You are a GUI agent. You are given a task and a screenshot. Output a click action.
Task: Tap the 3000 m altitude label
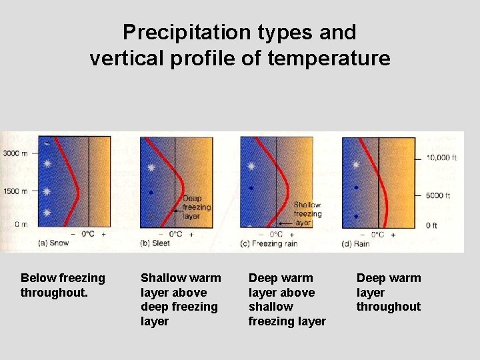tap(15, 153)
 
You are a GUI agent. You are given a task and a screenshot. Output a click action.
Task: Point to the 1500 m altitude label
tap(15, 191)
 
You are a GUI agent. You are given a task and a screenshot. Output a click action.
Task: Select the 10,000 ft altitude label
tap(441, 158)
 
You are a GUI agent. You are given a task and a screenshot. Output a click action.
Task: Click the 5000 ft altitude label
tap(438, 196)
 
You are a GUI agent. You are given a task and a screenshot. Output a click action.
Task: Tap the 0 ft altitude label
tap(432, 225)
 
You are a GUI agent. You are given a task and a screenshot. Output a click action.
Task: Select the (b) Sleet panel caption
tap(155, 243)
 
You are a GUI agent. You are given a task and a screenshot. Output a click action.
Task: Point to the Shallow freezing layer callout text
tap(307, 214)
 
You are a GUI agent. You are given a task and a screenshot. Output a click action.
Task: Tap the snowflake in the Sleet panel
tap(151, 168)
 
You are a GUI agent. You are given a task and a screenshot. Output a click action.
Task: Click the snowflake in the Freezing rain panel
tap(251, 166)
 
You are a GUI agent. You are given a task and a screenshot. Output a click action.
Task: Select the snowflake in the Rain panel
tap(356, 164)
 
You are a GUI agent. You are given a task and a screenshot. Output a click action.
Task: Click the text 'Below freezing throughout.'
tap(63, 285)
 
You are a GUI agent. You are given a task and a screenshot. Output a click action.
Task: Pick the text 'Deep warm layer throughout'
tap(389, 292)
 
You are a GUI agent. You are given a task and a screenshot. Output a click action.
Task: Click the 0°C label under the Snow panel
tap(88, 234)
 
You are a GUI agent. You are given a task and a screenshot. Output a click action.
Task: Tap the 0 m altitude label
tap(21, 224)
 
